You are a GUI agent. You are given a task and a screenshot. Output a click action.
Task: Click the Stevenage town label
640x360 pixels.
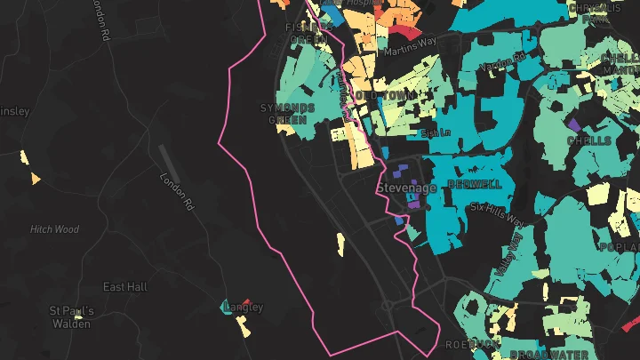[x=406, y=188]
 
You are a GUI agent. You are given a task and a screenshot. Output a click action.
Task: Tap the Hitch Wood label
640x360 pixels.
[x=55, y=229]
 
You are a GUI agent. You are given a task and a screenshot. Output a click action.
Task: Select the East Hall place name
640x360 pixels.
[x=124, y=287]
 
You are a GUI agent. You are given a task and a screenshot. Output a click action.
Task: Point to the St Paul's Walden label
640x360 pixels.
[x=70, y=317]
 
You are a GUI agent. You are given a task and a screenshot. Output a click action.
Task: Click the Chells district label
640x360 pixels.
[x=589, y=140]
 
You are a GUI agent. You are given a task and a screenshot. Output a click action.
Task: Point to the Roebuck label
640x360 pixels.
[x=468, y=343]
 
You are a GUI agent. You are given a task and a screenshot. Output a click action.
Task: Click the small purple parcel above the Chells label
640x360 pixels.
[x=573, y=124]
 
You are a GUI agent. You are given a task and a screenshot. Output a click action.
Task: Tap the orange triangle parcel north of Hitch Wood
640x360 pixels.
[x=36, y=179]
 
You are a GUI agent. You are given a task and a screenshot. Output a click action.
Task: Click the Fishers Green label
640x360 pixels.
[x=308, y=33]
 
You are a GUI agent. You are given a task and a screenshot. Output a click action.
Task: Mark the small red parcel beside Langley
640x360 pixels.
[x=246, y=303]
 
